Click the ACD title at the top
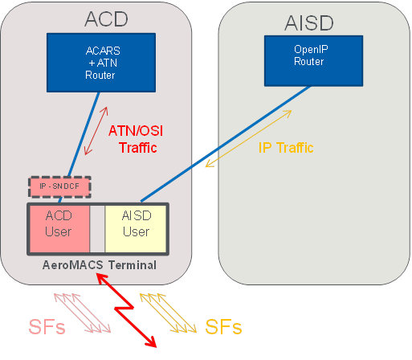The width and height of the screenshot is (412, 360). (106, 19)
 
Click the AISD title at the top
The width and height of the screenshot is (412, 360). (309, 23)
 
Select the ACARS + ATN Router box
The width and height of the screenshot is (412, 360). (101, 63)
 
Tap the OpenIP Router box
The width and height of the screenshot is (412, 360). (313, 61)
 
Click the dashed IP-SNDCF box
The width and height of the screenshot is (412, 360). (59, 186)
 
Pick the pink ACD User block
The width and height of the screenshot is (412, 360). (59, 229)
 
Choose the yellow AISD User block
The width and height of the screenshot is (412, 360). (136, 229)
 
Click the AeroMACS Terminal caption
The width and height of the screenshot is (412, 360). (100, 265)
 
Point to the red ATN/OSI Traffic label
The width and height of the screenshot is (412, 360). (136, 139)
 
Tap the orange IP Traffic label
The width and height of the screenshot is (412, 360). (286, 148)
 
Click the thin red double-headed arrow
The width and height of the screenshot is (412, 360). (96, 131)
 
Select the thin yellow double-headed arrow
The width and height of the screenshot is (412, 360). (248, 138)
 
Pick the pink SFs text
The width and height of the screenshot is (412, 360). (47, 327)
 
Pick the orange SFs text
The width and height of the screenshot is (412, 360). (223, 327)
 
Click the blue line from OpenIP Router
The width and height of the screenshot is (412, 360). (226, 144)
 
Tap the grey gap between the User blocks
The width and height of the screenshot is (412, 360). (97, 229)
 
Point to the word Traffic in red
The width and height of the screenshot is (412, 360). (138, 148)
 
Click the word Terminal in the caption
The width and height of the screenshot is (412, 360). (133, 265)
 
